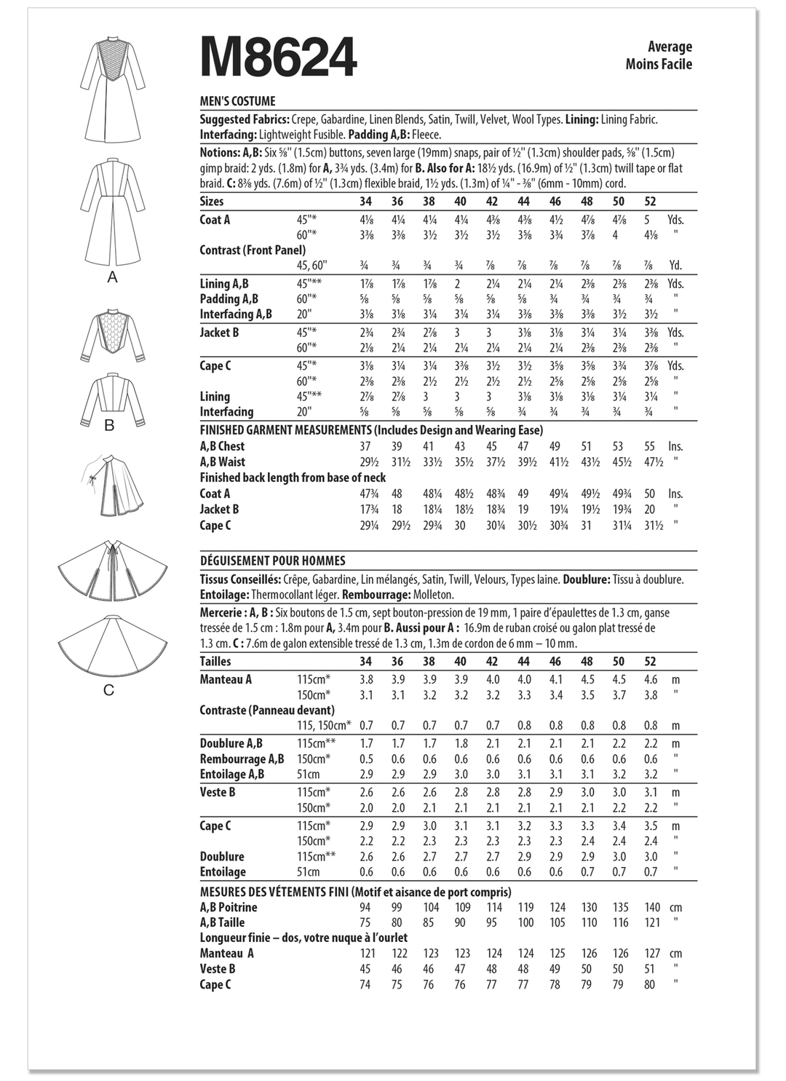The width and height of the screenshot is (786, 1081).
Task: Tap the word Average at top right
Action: (670, 47)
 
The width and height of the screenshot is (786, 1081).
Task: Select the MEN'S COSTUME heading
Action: (237, 102)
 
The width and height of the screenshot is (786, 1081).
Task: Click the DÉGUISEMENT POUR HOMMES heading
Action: (272, 561)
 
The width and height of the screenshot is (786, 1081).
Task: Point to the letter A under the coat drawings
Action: (112, 277)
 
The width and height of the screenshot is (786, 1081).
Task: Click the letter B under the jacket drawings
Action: (110, 425)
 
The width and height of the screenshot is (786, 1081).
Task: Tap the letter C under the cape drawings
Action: (109, 689)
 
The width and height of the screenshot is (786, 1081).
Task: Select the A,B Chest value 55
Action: (649, 446)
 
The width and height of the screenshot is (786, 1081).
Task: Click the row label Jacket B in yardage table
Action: (219, 333)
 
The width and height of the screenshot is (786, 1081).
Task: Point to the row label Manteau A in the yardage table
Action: (226, 679)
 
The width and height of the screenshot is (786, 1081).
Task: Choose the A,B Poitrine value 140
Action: (652, 907)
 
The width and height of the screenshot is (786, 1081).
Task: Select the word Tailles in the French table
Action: (215, 661)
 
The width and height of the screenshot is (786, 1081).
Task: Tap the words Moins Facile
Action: (659, 64)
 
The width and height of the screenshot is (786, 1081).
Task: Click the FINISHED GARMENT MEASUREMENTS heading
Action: (371, 430)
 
